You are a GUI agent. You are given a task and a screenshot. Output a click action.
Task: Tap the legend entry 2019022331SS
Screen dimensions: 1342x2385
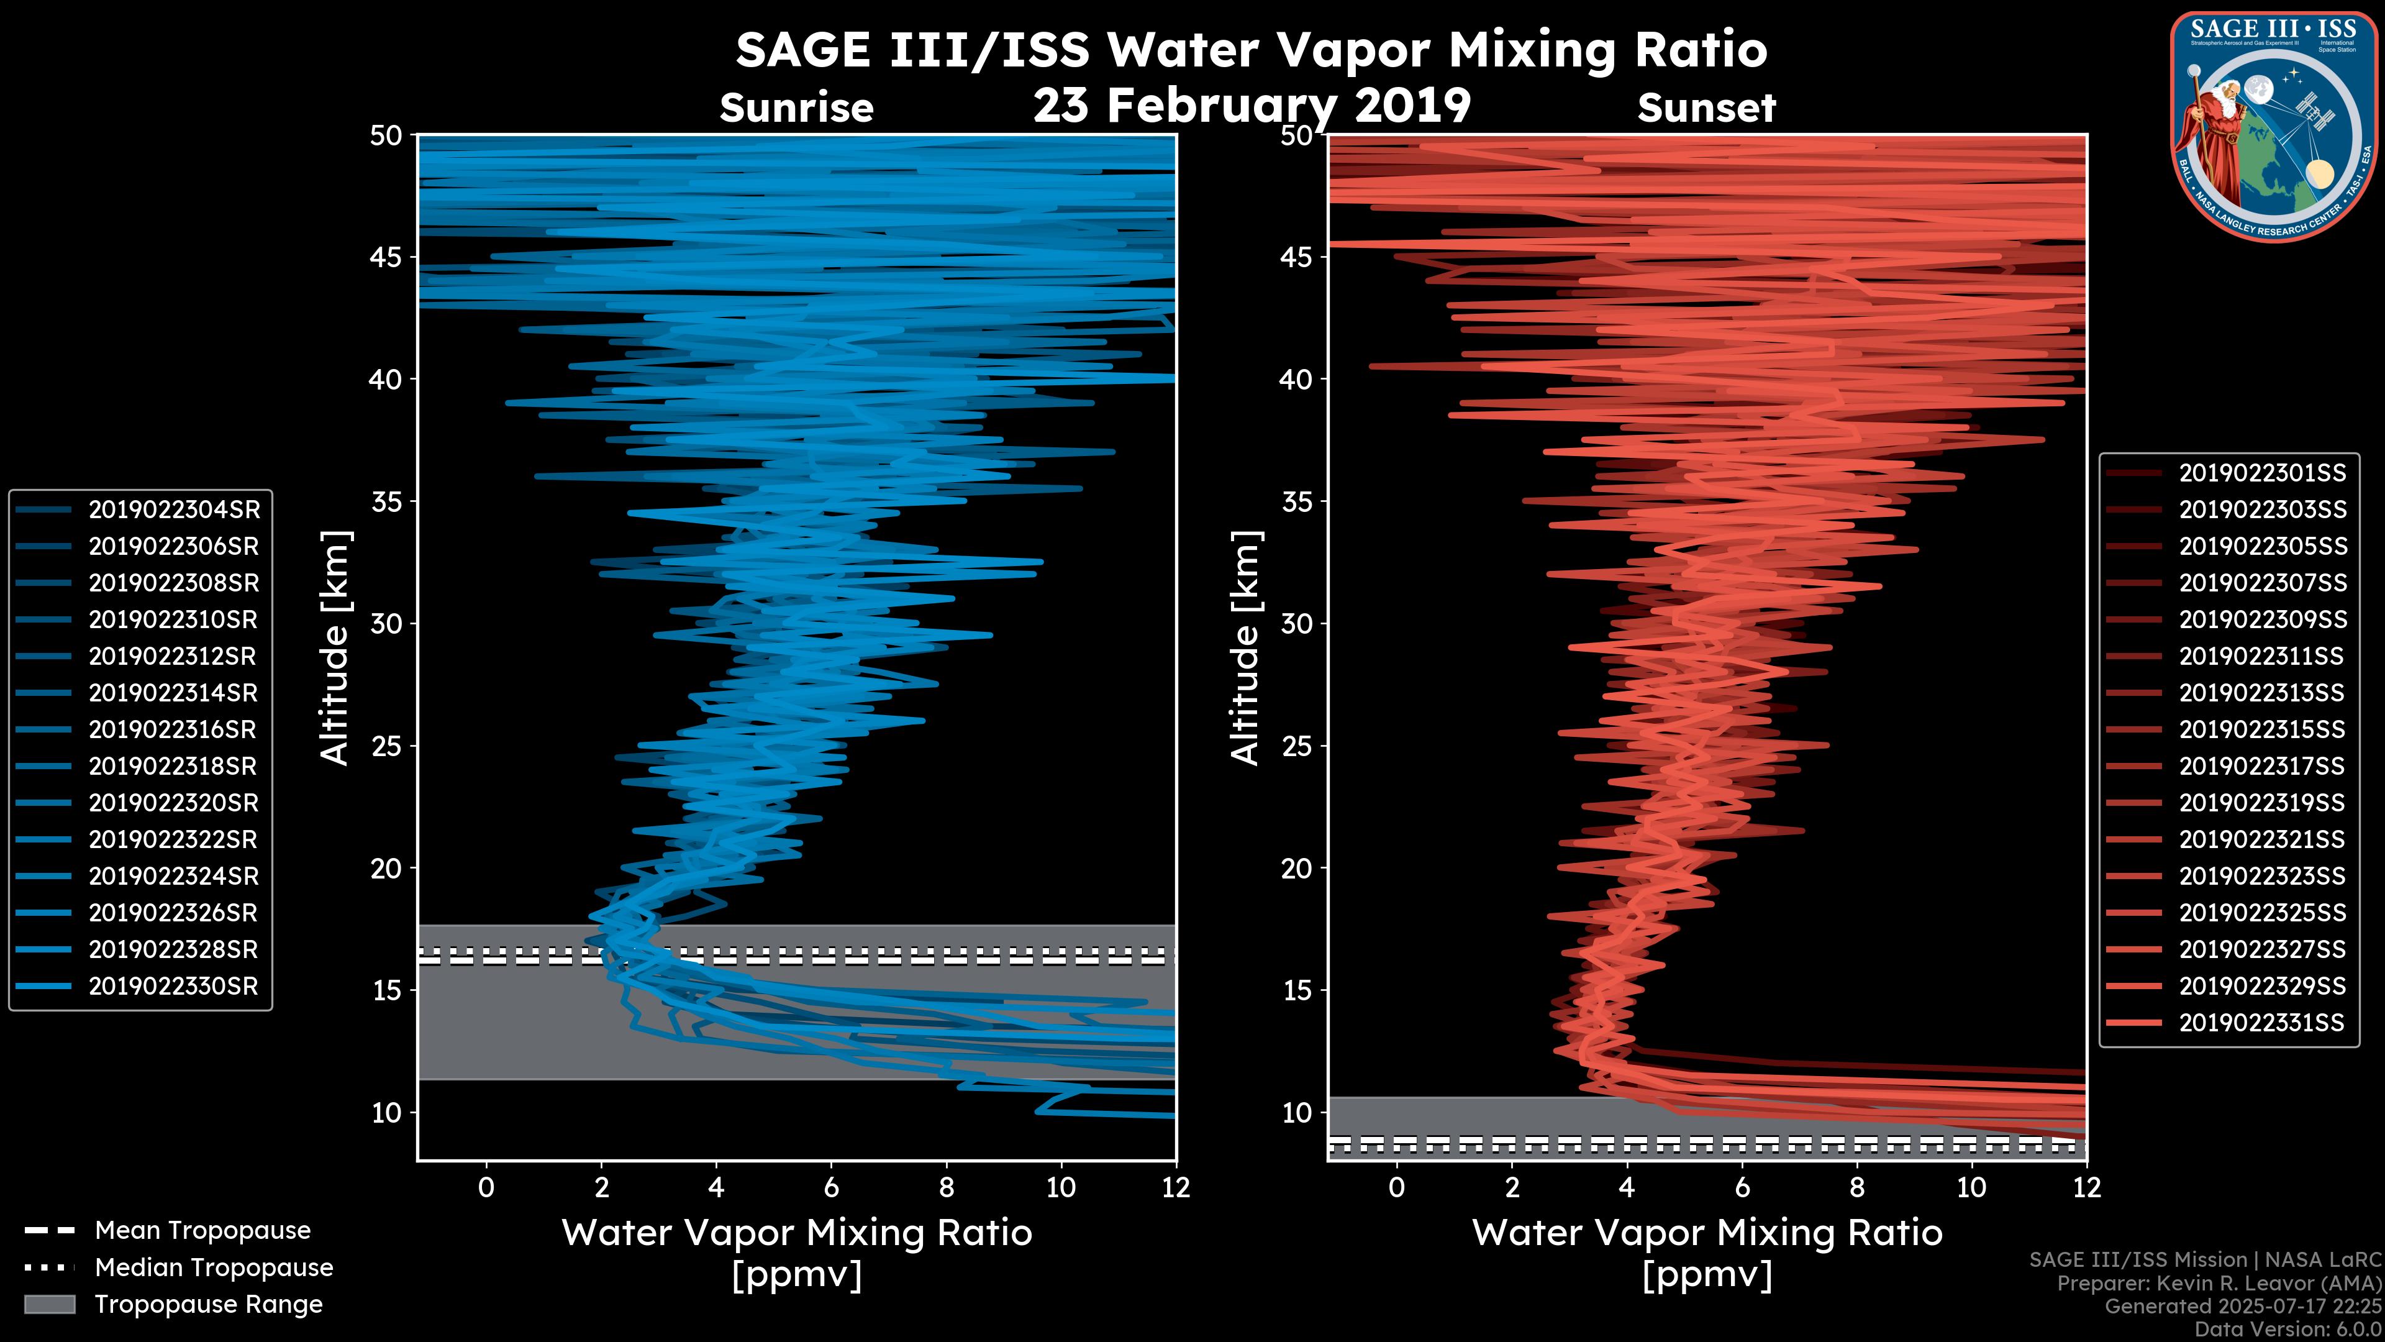2261,1023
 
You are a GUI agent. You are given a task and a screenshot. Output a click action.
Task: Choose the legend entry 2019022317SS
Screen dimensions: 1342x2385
2261,766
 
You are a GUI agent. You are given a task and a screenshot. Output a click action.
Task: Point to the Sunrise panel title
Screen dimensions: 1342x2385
796,108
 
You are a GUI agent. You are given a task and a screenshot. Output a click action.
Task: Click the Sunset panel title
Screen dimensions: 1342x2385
1706,108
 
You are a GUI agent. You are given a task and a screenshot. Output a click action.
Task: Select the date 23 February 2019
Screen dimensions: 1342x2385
1252,104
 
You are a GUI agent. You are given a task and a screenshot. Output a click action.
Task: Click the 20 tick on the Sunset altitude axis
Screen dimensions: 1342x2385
1297,869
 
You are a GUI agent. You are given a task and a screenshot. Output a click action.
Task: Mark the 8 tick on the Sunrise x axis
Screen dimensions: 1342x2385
946,1187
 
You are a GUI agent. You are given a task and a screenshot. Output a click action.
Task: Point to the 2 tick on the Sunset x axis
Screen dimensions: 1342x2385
1512,1187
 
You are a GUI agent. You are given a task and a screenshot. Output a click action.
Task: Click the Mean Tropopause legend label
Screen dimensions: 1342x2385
202,1231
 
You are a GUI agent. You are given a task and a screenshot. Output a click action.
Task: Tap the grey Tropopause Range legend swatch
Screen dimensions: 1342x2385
50,1304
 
